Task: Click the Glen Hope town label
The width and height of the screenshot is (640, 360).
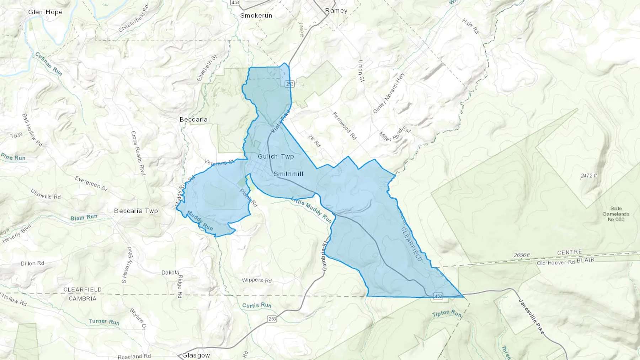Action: tap(45, 12)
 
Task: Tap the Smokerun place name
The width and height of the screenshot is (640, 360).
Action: tap(256, 16)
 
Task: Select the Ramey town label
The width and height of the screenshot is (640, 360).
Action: tap(336, 11)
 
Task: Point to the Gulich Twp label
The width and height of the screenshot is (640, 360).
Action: tap(276, 156)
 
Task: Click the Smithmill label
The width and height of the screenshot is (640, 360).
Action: tap(288, 174)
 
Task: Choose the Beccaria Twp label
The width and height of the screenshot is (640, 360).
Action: tap(136, 211)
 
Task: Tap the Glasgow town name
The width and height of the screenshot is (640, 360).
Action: tap(196, 355)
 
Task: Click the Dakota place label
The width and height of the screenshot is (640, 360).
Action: tap(170, 273)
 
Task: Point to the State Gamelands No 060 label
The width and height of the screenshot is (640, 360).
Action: tap(616, 214)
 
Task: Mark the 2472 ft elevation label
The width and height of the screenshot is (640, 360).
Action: tap(589, 176)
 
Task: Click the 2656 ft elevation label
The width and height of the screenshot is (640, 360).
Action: tap(522, 255)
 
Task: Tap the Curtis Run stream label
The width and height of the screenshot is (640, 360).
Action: tap(257, 305)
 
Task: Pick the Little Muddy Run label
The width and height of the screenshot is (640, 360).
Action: tap(311, 210)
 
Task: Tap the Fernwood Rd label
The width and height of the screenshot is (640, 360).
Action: tap(344, 126)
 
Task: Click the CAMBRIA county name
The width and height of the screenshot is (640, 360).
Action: tap(82, 299)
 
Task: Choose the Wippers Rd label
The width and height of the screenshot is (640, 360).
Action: tap(257, 280)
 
